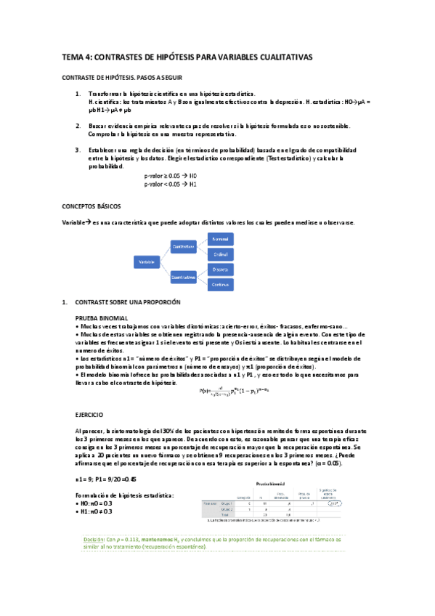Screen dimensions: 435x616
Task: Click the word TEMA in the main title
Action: click(x=73, y=57)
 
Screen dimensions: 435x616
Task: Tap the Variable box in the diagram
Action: click(x=147, y=260)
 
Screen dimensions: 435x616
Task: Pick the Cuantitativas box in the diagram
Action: click(x=186, y=277)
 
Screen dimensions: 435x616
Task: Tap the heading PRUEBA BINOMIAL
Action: click(x=102, y=318)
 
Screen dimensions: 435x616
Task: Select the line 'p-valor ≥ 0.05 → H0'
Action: click(x=171, y=177)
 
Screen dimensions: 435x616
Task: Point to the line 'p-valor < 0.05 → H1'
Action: click(x=171, y=185)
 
